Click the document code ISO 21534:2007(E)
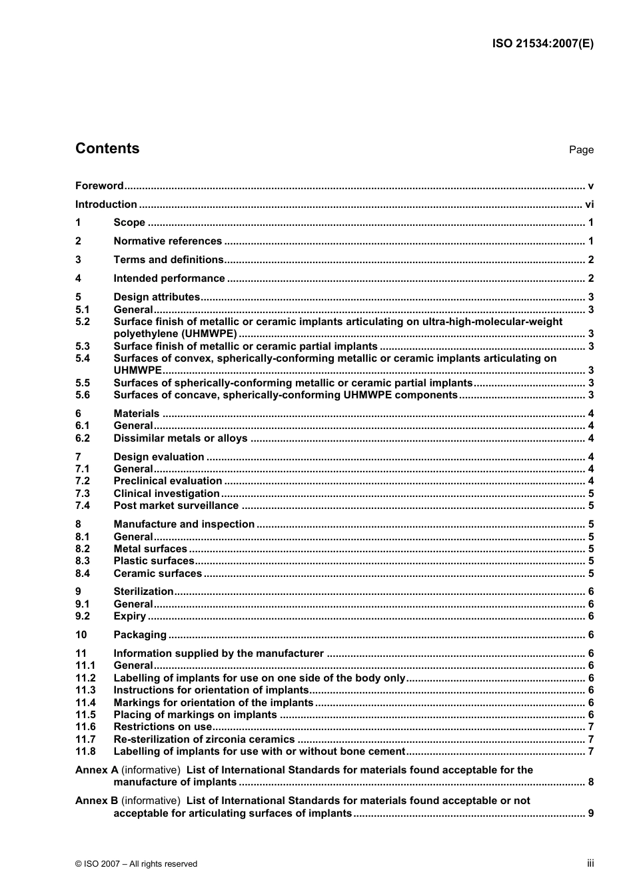coord(542,44)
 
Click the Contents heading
coord(107,149)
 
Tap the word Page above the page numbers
coord(581,150)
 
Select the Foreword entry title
coord(99,186)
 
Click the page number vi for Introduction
coord(589,205)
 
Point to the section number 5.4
coord(83,358)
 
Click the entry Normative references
coord(167,241)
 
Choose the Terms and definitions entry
coord(169,260)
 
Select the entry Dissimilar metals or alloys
coord(181,438)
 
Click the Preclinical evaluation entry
coord(168,481)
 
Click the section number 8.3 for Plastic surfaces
coord(83,561)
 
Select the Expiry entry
coord(129,616)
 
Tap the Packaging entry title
coord(140,635)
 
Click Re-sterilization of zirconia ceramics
coord(204,739)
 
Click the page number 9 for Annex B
coord(590,813)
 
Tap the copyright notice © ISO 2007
coord(136,864)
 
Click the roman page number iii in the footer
coord(590,863)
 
